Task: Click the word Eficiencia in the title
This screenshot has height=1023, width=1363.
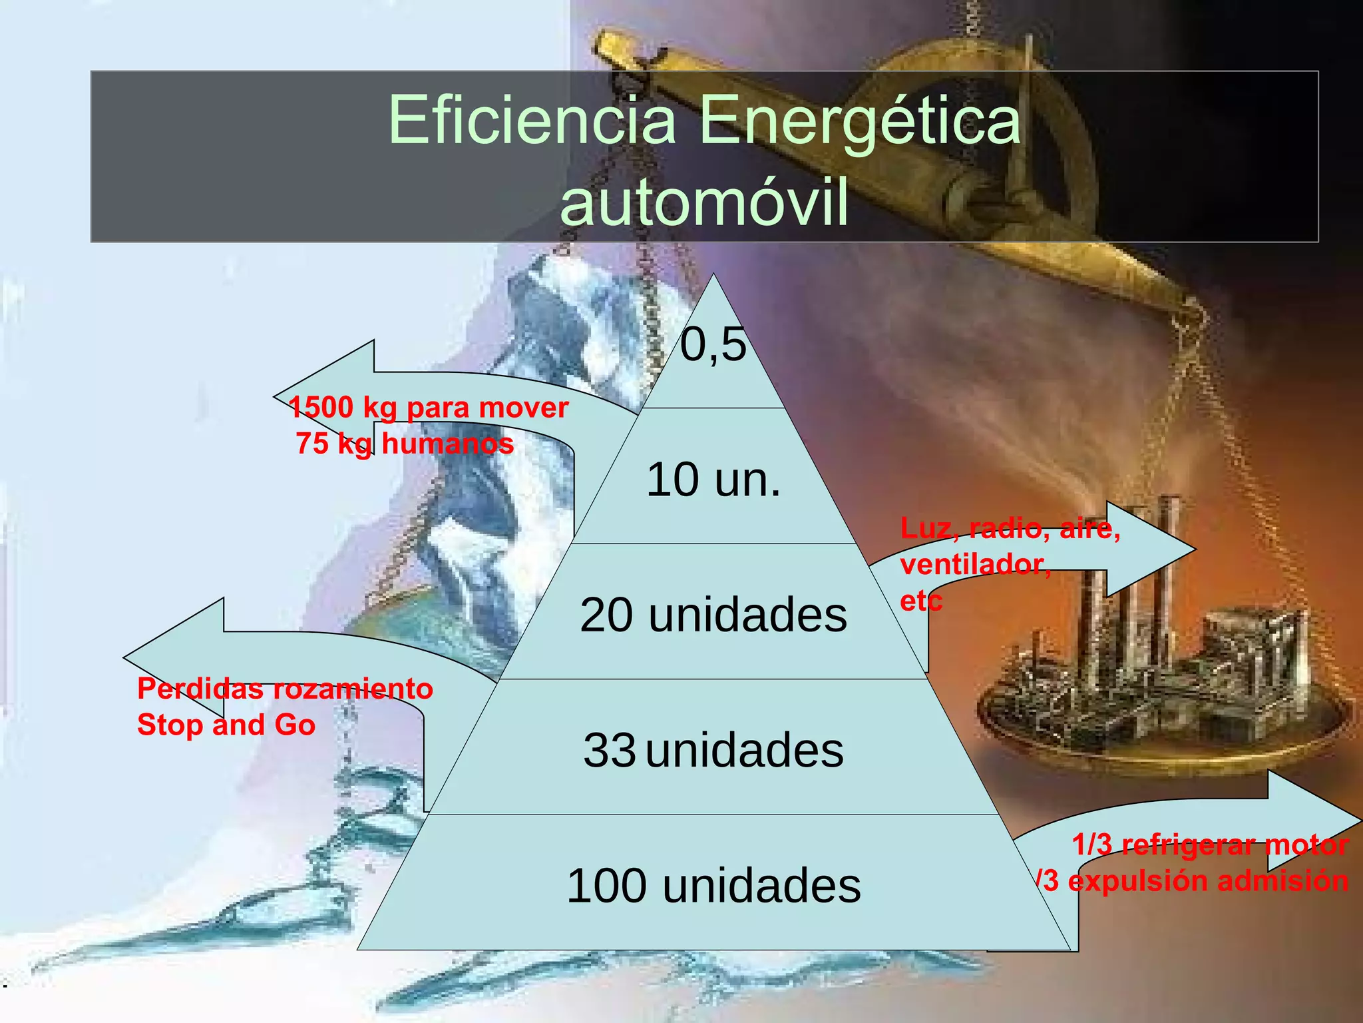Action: point(532,120)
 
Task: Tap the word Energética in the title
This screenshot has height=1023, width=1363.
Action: point(859,121)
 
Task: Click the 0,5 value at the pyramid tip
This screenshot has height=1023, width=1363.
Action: point(713,345)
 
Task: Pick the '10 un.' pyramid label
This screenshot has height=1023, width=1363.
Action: point(713,480)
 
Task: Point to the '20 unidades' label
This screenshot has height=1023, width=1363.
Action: point(713,614)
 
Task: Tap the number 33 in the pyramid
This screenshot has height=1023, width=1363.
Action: point(609,750)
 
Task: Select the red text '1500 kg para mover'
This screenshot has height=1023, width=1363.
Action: point(429,408)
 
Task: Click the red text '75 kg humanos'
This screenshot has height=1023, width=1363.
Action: point(405,444)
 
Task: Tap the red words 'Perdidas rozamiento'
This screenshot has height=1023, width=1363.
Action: point(285,689)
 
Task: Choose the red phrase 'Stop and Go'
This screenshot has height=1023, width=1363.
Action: point(226,725)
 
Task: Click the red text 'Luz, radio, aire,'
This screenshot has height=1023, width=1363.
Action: point(1010,528)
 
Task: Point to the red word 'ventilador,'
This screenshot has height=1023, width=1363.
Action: point(976,565)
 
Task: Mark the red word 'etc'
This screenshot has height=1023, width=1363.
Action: point(921,601)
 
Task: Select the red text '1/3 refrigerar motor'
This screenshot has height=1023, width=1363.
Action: point(1210,845)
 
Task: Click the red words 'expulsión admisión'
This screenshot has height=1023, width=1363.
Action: point(1208,880)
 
